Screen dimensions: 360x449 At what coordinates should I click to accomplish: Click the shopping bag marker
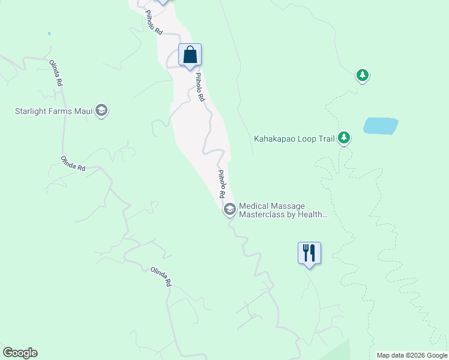coord(190,55)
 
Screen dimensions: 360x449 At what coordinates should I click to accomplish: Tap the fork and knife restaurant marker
coord(309,253)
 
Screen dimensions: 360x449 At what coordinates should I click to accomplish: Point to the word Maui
coord(85,111)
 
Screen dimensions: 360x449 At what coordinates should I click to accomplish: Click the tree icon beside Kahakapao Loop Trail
coord(344,139)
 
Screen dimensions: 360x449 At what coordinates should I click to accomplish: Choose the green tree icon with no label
coord(362,75)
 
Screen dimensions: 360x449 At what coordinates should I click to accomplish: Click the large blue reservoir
coord(381,126)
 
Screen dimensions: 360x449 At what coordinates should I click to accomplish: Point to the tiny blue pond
coord(49,34)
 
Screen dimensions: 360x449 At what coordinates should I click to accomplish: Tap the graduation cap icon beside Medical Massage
coord(229,209)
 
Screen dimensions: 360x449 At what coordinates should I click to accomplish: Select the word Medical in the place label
coord(255,205)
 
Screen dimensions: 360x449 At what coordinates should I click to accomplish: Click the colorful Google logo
coord(20,353)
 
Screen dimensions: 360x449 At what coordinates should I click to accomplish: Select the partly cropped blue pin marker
coord(162,2)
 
